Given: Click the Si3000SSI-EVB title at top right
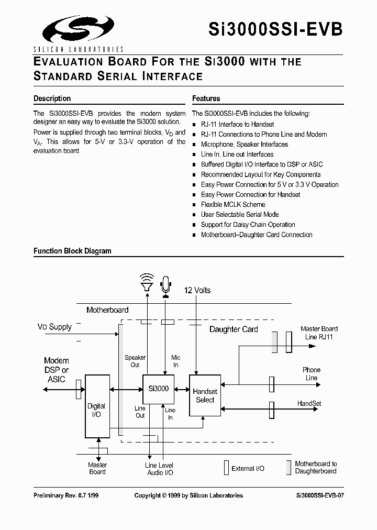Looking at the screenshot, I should pos(275,28).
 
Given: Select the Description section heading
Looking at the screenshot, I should pos(52,98).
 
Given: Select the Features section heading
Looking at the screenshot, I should pos(206,98).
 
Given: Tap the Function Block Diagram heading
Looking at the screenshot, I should pos(72,251).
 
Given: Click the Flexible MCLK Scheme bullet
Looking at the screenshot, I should pos(233,205).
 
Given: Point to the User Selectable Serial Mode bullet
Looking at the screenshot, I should pos(240,215).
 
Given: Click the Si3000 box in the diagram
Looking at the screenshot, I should pos(159,389).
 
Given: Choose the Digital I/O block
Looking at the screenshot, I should pos(97,406).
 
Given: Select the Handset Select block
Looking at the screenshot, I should pos(205,395).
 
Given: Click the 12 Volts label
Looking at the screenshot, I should pos(197,290).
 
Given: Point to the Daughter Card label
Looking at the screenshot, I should pos(234,329).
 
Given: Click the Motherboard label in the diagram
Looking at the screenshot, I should pos(107,310).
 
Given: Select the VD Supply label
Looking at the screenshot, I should pos(54,327).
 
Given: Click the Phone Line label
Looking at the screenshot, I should pos(311,373).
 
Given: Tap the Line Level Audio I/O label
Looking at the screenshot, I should pos(159,469).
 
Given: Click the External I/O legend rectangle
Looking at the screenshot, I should pos(226,468).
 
